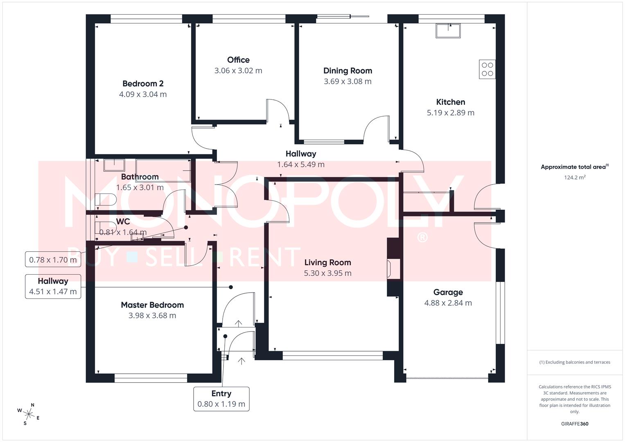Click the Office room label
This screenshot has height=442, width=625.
coord(238,60)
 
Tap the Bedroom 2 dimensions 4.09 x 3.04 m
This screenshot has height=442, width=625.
coord(143,94)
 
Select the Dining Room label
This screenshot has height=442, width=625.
coord(347,70)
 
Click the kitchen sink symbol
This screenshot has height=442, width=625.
coord(448,31)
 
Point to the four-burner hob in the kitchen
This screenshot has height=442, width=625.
coord(487,69)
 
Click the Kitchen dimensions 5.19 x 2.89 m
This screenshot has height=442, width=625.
coord(450,113)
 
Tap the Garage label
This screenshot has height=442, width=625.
coord(448,292)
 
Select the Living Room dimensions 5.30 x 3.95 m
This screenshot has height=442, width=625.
coord(327,273)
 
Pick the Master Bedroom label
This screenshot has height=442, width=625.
coord(152,305)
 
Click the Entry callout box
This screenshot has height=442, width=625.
coord(221,399)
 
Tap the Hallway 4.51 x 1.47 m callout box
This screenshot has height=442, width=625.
coord(53,286)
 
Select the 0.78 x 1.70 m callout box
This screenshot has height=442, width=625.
coord(53,259)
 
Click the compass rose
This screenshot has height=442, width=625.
coord(29,413)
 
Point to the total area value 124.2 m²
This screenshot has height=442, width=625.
coord(574,178)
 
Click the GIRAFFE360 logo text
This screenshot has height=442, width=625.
coord(574,424)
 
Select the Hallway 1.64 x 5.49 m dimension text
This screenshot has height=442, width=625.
coord(301,165)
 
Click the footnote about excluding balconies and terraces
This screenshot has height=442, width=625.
coord(574,362)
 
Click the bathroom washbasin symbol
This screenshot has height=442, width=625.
coord(114,165)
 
